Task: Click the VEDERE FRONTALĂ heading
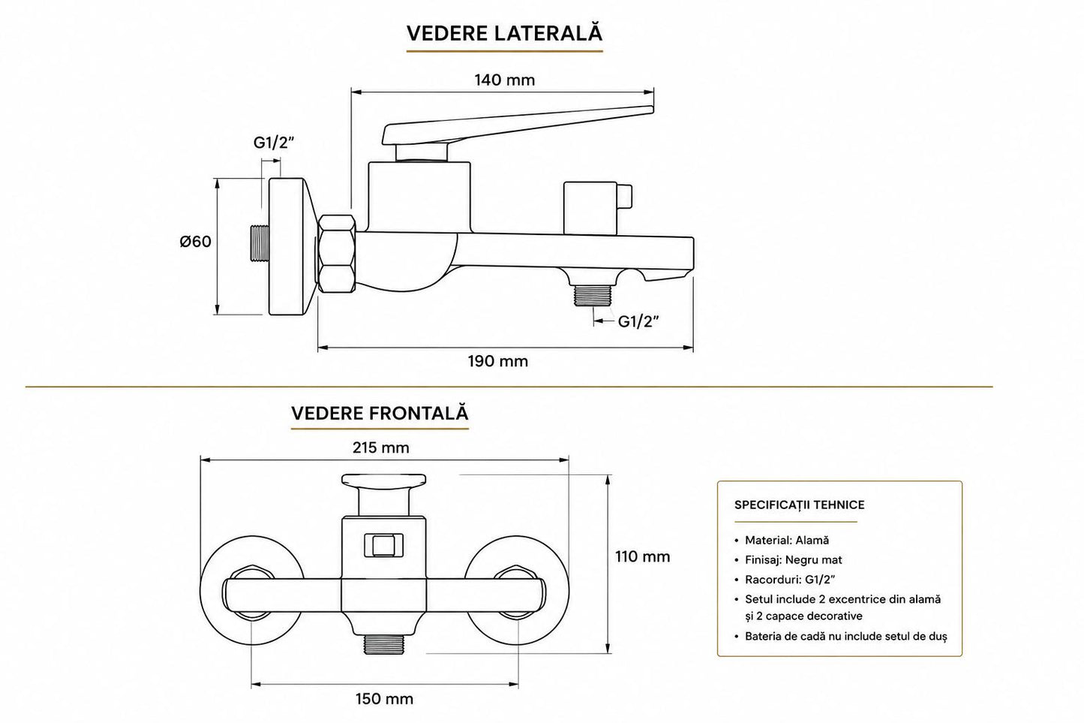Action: pyautogui.click(x=380, y=413)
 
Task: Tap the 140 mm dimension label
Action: pyautogui.click(x=505, y=80)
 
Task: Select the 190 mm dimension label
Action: pyautogui.click(x=498, y=361)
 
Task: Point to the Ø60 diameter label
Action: pyautogui.click(x=196, y=241)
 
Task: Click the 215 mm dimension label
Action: pyautogui.click(x=381, y=447)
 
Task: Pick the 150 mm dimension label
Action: pyautogui.click(x=384, y=699)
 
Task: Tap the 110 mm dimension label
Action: pyautogui.click(x=643, y=556)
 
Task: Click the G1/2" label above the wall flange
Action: pyautogui.click(x=274, y=143)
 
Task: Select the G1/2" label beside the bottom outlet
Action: pyautogui.click(x=639, y=321)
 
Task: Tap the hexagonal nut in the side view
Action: pyautogui.click(x=337, y=254)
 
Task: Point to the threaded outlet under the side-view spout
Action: pyautogui.click(x=593, y=295)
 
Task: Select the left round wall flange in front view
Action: pyautogui.click(x=251, y=591)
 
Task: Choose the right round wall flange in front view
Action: pyautogui.click(x=518, y=591)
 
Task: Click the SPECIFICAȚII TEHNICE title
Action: pyautogui.click(x=800, y=505)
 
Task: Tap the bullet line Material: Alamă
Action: pyautogui.click(x=782, y=540)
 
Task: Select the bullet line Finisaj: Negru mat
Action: pyautogui.click(x=788, y=560)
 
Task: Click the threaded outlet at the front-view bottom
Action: pyautogui.click(x=384, y=643)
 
